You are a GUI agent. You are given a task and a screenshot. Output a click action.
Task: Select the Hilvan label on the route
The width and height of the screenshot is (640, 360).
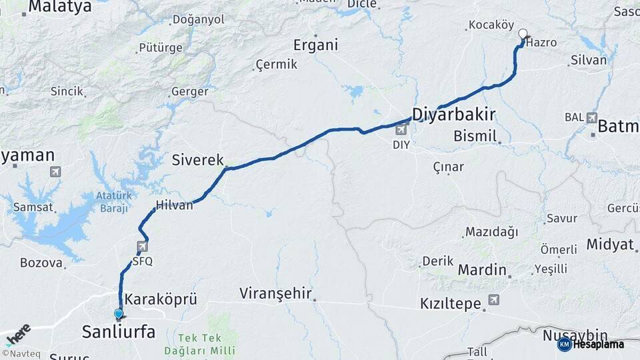174,205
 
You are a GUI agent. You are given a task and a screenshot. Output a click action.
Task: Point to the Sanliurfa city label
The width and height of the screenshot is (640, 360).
118,331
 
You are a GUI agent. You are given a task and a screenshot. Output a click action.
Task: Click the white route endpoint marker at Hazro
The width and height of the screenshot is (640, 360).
523,33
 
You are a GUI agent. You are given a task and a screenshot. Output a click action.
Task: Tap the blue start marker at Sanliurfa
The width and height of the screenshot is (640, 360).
119,313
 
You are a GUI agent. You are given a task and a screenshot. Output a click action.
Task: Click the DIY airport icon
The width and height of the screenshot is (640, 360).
401,129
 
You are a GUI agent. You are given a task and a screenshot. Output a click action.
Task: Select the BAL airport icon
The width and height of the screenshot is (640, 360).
592,118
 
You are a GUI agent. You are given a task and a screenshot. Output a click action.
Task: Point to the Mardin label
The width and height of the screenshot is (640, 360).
482,270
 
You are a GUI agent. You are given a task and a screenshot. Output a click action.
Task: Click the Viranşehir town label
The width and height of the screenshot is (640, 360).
276,293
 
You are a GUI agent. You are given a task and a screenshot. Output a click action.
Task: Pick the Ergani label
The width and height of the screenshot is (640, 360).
316,45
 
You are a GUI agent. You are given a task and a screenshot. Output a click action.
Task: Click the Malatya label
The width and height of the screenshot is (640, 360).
59,7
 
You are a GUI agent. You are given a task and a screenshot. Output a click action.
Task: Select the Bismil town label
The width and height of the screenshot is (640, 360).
475,136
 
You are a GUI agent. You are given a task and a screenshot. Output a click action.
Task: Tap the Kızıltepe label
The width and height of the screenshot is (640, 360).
451,304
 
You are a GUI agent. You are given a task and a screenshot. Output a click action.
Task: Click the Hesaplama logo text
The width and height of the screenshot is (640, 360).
598,344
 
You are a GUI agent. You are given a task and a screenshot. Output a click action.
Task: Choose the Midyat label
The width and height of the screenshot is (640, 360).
610,244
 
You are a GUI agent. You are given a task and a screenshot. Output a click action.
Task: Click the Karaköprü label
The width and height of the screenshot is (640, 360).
161,299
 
